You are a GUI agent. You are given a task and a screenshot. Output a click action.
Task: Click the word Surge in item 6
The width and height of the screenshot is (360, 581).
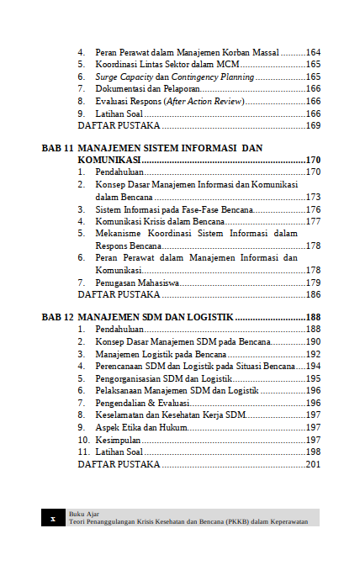[x=107, y=77]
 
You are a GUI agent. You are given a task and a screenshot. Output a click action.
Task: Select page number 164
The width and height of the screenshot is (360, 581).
[x=313, y=52]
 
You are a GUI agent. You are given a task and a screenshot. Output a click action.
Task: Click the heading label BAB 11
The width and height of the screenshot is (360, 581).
[x=57, y=148]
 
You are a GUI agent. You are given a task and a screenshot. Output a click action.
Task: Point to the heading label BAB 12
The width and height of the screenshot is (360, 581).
[x=57, y=318]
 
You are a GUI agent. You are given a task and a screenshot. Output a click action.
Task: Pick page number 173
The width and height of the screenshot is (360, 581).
[x=313, y=197]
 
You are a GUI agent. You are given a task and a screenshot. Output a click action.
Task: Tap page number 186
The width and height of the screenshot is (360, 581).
[x=313, y=295]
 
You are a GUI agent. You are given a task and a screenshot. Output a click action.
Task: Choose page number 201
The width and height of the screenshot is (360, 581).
[x=313, y=464]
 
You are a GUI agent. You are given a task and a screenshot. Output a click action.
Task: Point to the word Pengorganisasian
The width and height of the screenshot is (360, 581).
[x=130, y=378]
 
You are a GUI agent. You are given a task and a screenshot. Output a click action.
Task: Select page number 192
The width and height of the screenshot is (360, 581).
[x=313, y=354]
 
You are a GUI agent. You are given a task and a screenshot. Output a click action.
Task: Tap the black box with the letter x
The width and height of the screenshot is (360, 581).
[x=52, y=518]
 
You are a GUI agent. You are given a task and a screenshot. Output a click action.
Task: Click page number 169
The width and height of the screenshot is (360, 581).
[x=313, y=126]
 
